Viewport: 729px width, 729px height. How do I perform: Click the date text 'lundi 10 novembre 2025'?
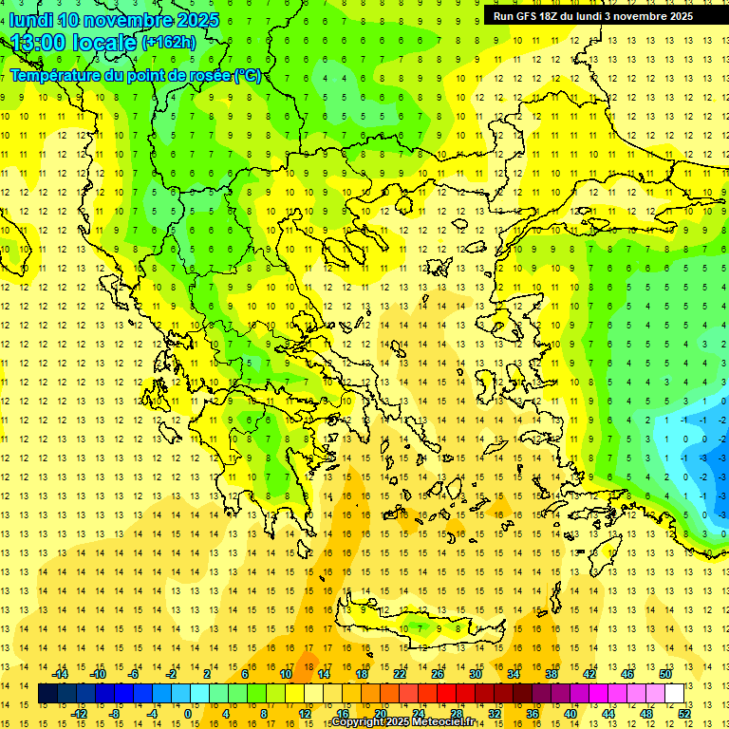(115, 20)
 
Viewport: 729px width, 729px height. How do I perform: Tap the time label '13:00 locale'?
(74, 43)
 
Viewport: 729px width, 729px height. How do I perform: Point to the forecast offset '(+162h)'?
(169, 43)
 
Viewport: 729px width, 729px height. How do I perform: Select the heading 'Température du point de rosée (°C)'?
(136, 76)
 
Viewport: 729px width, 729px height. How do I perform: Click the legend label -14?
(60, 674)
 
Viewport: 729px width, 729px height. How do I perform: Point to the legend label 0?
(188, 713)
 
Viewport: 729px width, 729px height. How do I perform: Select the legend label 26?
(438, 674)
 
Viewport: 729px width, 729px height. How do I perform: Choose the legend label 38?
(551, 674)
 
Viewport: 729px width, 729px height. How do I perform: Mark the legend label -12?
(79, 713)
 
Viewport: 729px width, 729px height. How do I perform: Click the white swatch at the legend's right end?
(675, 694)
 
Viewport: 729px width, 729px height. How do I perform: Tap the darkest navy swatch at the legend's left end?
(48, 694)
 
